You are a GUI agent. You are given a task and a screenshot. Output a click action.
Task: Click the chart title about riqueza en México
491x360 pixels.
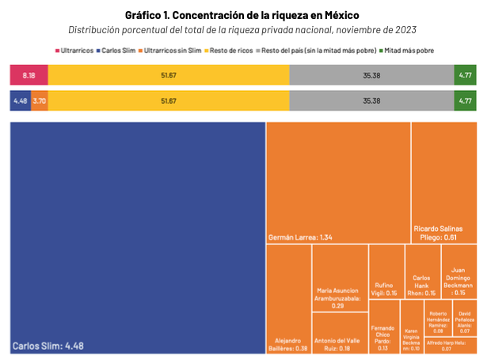click(245, 14)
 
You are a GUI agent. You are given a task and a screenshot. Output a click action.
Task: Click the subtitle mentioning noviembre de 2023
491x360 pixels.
click(245, 30)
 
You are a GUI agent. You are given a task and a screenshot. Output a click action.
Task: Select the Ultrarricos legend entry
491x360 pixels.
click(78, 51)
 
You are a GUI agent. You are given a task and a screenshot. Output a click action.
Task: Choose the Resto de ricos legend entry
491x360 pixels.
click(230, 51)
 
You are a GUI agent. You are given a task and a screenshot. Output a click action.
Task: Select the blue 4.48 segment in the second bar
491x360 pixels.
click(20, 101)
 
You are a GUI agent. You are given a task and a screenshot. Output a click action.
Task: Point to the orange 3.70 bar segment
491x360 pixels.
click(40, 101)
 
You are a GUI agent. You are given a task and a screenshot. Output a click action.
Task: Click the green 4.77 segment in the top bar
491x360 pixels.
click(465, 75)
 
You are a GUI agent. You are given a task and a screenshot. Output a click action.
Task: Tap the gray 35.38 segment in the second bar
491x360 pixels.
click(371, 101)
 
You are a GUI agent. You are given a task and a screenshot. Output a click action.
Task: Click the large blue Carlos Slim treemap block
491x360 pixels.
click(137, 237)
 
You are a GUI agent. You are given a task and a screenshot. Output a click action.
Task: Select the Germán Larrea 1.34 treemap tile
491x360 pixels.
click(338, 182)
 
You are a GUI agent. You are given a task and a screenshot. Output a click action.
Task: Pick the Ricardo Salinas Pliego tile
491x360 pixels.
click(444, 182)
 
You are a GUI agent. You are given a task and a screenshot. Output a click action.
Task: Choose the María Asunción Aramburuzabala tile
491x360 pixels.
click(340, 278)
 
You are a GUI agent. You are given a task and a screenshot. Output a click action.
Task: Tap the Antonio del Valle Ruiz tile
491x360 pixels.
click(340, 332)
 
